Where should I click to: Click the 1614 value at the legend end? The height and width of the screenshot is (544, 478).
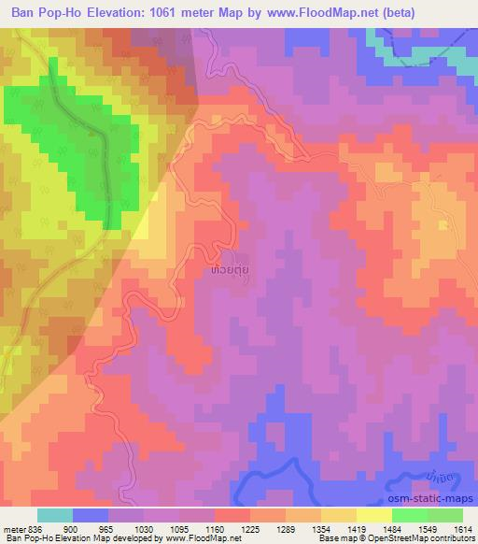click(x=461, y=528)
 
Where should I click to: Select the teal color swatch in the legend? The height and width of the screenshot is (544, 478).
click(x=55, y=515)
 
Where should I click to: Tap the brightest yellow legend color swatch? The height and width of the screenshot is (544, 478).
click(x=373, y=515)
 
